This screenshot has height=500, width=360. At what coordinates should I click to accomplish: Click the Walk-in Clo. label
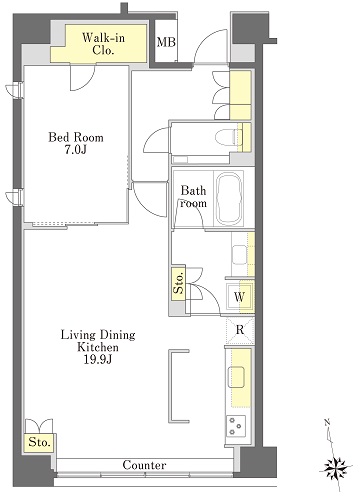(x=103, y=44)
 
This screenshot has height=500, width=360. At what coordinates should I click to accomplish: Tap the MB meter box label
(x=166, y=42)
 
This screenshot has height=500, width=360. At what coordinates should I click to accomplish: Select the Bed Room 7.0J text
(x=76, y=144)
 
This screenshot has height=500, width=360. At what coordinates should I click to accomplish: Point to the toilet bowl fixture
(x=227, y=137)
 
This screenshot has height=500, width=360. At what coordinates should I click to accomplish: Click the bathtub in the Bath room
(x=229, y=199)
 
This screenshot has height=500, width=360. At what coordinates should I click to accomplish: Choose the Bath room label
(x=193, y=197)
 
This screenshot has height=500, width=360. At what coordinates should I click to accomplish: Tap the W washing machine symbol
(x=239, y=297)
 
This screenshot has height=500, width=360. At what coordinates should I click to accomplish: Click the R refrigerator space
(x=240, y=330)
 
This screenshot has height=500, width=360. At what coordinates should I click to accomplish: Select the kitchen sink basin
(x=236, y=377)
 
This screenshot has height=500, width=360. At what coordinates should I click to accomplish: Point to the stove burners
(x=236, y=426)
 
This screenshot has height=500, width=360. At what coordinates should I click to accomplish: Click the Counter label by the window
(x=144, y=465)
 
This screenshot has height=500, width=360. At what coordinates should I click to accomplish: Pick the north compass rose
(x=336, y=466)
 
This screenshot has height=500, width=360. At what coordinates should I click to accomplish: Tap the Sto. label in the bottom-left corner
(x=40, y=442)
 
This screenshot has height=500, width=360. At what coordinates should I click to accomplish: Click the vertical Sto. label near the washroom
(x=179, y=283)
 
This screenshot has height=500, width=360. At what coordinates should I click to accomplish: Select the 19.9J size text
(x=97, y=360)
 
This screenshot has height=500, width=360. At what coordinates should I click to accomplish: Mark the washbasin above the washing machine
(x=239, y=255)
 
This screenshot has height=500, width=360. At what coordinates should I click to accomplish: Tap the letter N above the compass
(x=327, y=423)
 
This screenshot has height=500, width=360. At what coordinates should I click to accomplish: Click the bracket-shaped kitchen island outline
(x=170, y=386)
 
